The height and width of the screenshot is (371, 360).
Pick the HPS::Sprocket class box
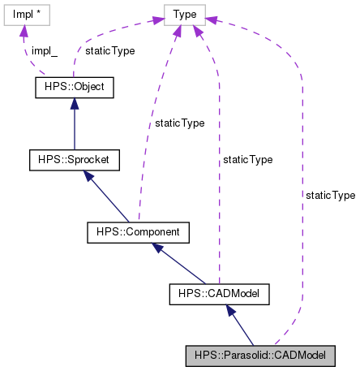point(74,160)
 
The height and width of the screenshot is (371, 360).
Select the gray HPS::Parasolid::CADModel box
point(259,355)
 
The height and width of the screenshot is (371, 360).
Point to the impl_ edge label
point(44,50)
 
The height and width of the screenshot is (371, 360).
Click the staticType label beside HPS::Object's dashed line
point(109,50)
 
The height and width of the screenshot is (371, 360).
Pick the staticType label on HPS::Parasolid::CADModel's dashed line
point(330,196)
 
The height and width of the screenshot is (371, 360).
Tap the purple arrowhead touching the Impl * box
point(24,29)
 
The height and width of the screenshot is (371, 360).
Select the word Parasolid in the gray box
point(251,355)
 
